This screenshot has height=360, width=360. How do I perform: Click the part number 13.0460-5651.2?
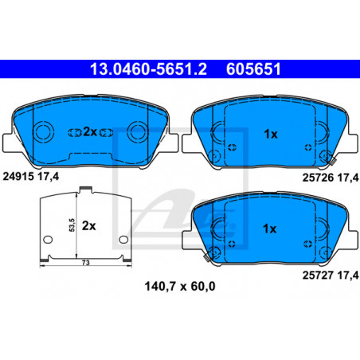148,69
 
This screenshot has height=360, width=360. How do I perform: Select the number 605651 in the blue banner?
253,69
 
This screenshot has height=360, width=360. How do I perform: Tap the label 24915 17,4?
31,176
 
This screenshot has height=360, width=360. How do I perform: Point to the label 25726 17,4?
331,178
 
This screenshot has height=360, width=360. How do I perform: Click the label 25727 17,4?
331,276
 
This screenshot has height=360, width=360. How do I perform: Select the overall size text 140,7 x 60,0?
180,287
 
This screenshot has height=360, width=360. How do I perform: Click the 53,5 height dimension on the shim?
72,225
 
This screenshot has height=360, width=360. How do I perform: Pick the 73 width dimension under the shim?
85,263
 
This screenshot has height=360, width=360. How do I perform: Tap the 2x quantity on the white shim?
88,226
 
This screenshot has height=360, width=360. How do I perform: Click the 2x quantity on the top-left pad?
90,132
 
